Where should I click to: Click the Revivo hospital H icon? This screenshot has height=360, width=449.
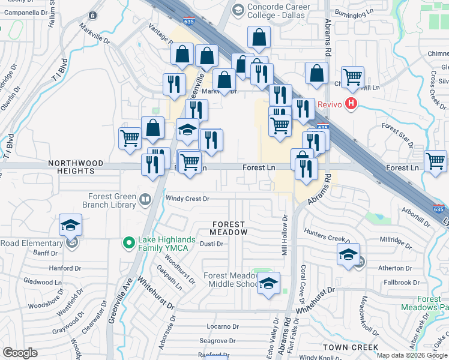click(x=351, y=104)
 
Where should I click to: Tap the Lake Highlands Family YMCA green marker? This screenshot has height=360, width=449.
click(x=127, y=242)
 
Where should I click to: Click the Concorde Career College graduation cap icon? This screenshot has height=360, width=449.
click(x=238, y=9)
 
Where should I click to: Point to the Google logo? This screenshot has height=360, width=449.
click(x=20, y=353)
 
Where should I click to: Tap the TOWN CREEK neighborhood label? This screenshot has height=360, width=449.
click(x=350, y=347)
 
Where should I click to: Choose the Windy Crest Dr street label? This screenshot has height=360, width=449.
click(x=187, y=199)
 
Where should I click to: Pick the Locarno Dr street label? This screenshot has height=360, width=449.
click(x=223, y=327)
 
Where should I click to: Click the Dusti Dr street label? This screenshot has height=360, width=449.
click(x=211, y=244)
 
